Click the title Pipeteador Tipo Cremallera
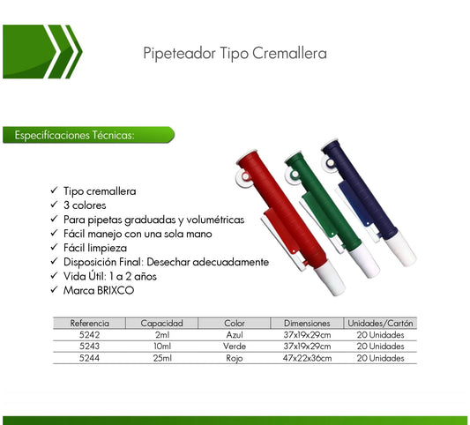[235, 54]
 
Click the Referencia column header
[89, 324]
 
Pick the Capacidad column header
[161, 324]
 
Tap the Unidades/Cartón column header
[380, 324]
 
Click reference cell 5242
[89, 335]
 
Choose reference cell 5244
[89, 358]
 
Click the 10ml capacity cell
[161, 347]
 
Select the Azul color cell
[234, 335]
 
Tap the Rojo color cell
[234, 358]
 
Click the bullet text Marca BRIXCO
[99, 288]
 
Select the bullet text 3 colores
[85, 205]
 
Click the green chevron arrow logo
[40, 52]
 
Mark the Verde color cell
[234, 347]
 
